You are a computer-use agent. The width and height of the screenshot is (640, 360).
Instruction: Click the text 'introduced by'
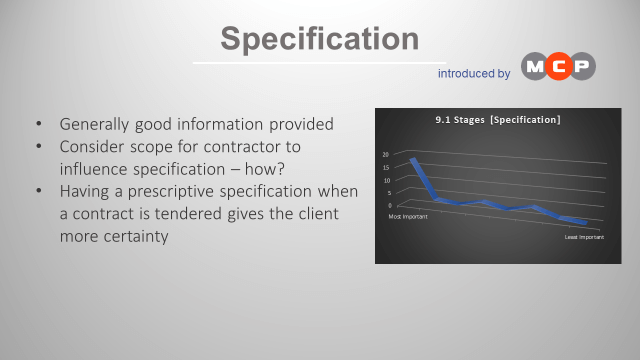tap(474, 73)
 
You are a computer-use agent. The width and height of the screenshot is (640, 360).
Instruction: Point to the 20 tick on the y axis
tap(385, 155)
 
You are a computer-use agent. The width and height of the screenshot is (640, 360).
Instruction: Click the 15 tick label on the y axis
tap(385, 169)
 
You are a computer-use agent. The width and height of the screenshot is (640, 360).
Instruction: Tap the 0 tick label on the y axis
tap(389, 205)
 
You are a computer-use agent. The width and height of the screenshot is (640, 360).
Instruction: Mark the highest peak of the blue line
tap(412, 160)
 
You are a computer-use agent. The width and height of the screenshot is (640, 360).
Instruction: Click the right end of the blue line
tap(584, 222)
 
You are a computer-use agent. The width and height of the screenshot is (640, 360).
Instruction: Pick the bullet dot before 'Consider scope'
tap(39, 146)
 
